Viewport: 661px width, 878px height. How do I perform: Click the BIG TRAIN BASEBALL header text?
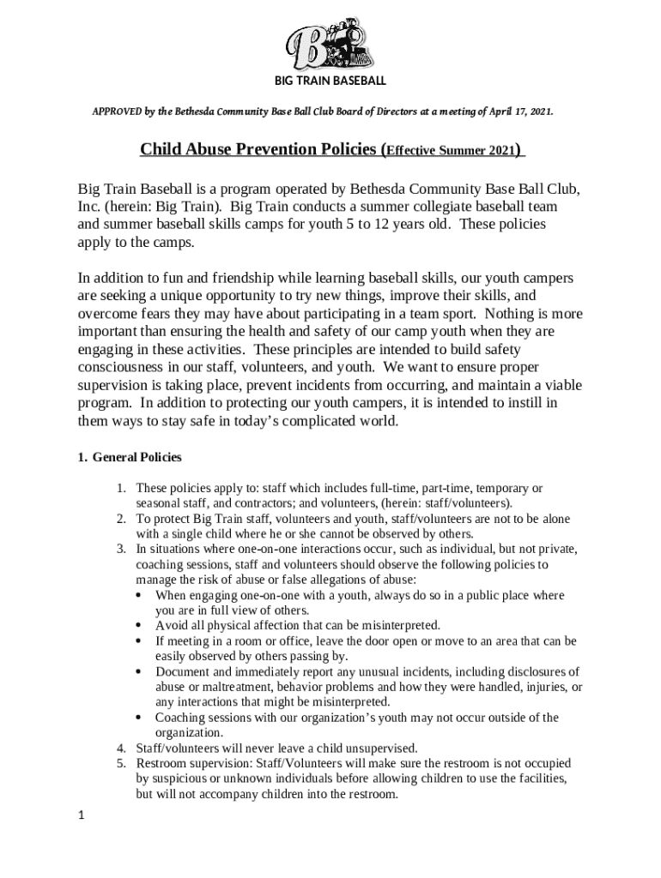(330, 81)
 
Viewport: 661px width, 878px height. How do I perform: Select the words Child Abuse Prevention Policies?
(258, 152)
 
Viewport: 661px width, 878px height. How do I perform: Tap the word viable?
(562, 386)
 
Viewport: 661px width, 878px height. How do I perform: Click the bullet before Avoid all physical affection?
(141, 625)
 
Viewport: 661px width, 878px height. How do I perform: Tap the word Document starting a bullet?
(182, 671)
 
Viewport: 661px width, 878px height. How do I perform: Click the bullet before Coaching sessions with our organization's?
(141, 718)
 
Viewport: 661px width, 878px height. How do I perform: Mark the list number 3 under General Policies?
(121, 549)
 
